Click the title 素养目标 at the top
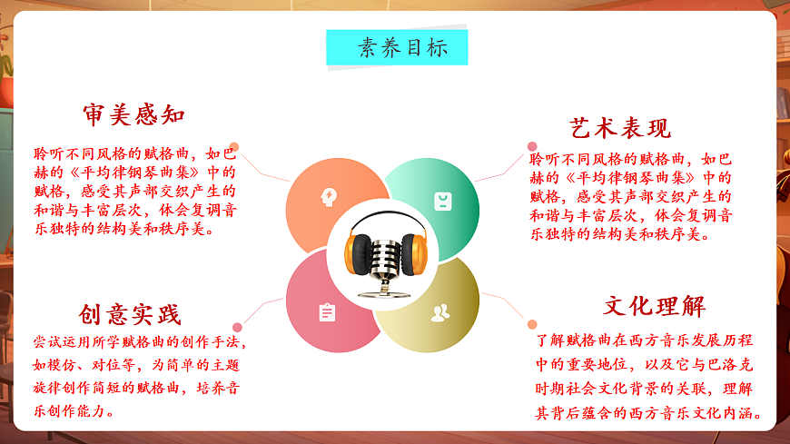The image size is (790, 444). (397, 48)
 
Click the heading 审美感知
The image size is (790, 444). (133, 115)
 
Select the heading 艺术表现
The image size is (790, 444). (619, 127)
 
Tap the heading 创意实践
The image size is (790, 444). (130, 314)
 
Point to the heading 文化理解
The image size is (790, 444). (654, 306)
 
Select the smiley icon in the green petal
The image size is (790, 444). (442, 201)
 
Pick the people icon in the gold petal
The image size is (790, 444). (440, 313)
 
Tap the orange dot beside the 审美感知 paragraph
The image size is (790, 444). (234, 146)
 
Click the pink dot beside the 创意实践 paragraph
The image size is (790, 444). (237, 327)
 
